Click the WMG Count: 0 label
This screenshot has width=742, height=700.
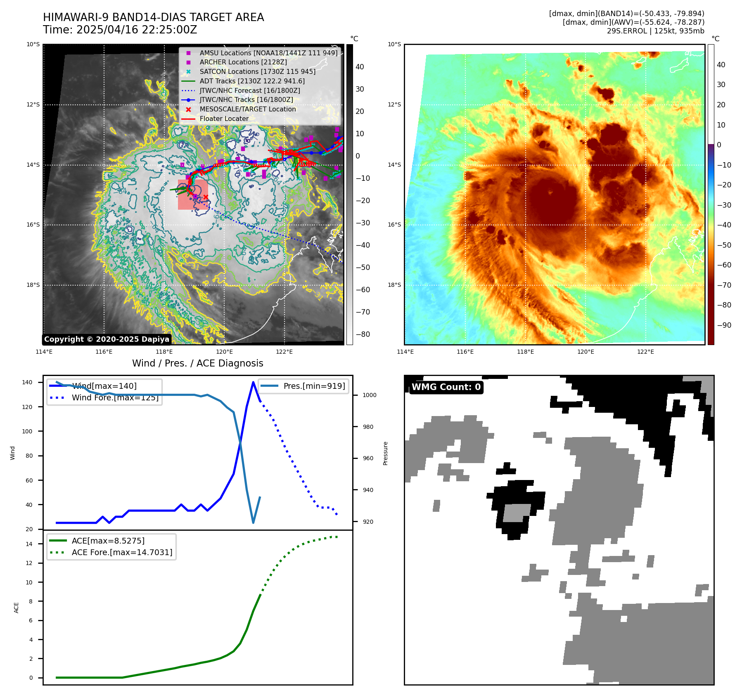pyautogui.click(x=446, y=387)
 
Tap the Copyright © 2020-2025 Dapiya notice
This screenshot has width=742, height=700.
pyautogui.click(x=107, y=339)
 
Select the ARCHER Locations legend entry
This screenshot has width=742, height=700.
pyautogui.click(x=243, y=62)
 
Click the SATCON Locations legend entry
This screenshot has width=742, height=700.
pyautogui.click(x=257, y=72)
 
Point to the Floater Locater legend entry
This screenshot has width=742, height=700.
pyautogui.click(x=224, y=119)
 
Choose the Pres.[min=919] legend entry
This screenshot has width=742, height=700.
pyautogui.click(x=314, y=386)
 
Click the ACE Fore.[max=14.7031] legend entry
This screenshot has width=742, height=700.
pyautogui.click(x=122, y=552)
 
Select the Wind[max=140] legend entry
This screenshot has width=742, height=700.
pyautogui.click(x=104, y=386)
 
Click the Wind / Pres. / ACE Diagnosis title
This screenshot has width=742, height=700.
pyautogui.click(x=197, y=363)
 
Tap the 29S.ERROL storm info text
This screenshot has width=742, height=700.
pyautogui.click(x=655, y=31)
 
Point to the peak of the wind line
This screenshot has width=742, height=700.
pyautogui.click(x=253, y=382)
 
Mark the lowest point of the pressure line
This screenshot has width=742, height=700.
pyautogui.click(x=253, y=523)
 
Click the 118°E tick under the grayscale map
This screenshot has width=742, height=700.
pyautogui.click(x=164, y=352)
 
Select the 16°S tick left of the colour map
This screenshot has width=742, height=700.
pyautogui.click(x=394, y=225)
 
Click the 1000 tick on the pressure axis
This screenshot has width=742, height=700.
pyautogui.click(x=369, y=395)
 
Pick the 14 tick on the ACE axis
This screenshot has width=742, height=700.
pyautogui.click(x=29, y=544)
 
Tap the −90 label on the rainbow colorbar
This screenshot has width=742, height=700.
pyautogui.click(x=724, y=325)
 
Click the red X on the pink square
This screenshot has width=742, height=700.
pyautogui.click(x=206, y=197)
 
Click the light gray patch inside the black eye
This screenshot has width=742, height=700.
pyautogui.click(x=517, y=513)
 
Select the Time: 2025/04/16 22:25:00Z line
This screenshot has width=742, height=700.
pyautogui.click(x=120, y=30)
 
